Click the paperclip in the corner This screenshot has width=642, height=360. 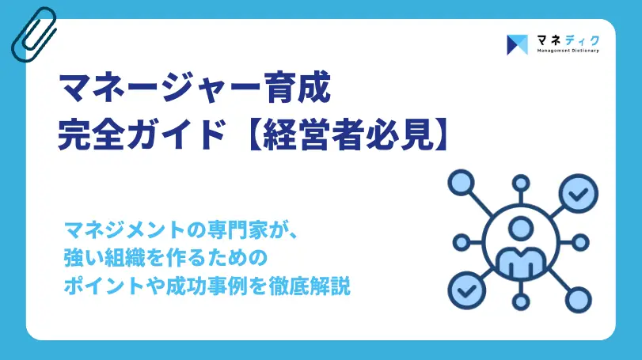pos(33,34)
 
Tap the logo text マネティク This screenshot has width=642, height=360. pos(566,39)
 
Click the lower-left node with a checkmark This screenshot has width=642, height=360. pos(463,290)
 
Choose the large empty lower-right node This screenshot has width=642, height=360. pos(579,299)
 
